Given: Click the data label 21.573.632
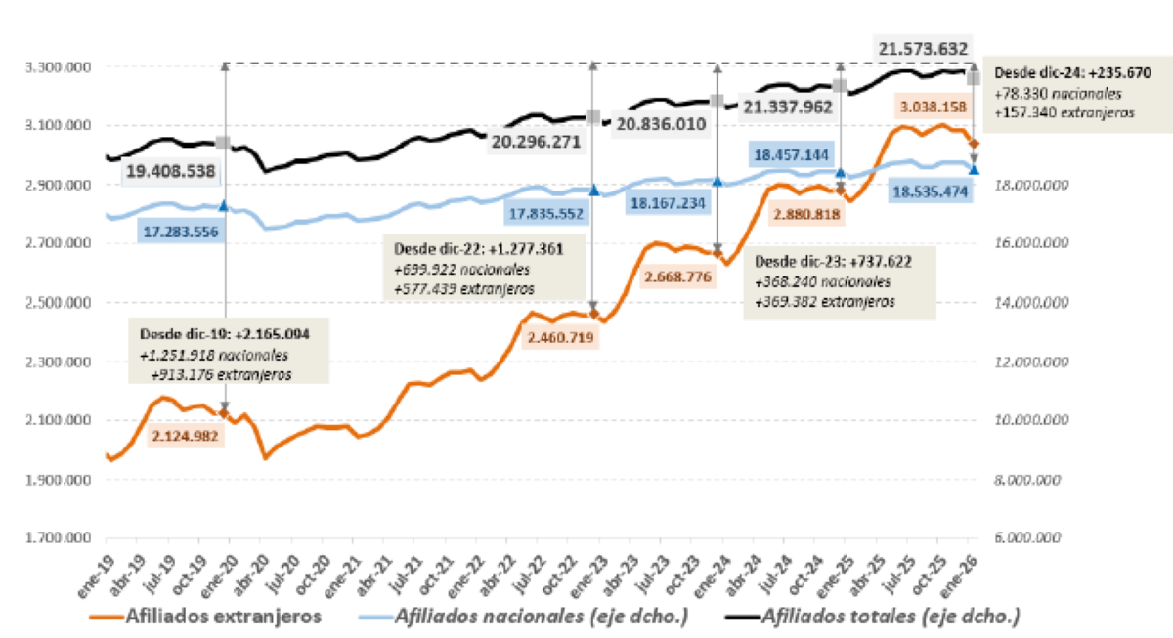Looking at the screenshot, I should (x=923, y=49).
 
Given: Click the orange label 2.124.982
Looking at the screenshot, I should (x=186, y=436).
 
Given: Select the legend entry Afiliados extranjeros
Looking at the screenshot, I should (x=199, y=616).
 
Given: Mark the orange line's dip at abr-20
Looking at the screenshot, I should (x=264, y=456).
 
